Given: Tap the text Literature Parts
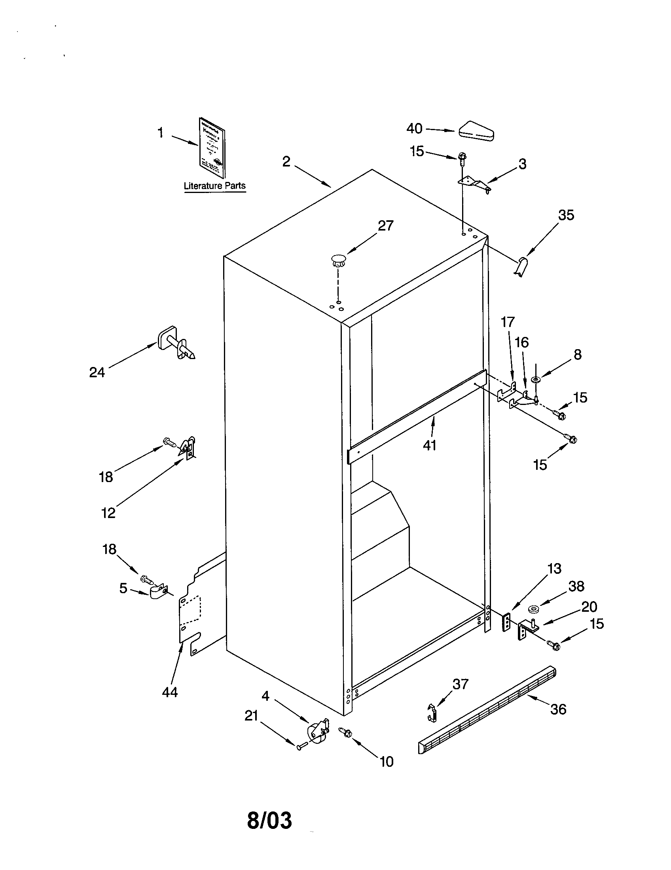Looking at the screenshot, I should [x=214, y=185].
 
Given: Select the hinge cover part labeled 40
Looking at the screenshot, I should [x=477, y=130].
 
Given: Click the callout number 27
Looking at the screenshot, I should [x=385, y=225].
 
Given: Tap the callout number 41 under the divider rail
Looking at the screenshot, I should [x=430, y=445].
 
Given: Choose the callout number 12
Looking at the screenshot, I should [x=108, y=513].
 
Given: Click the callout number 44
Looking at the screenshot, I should [x=170, y=692].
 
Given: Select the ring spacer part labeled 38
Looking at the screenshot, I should [x=533, y=609].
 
